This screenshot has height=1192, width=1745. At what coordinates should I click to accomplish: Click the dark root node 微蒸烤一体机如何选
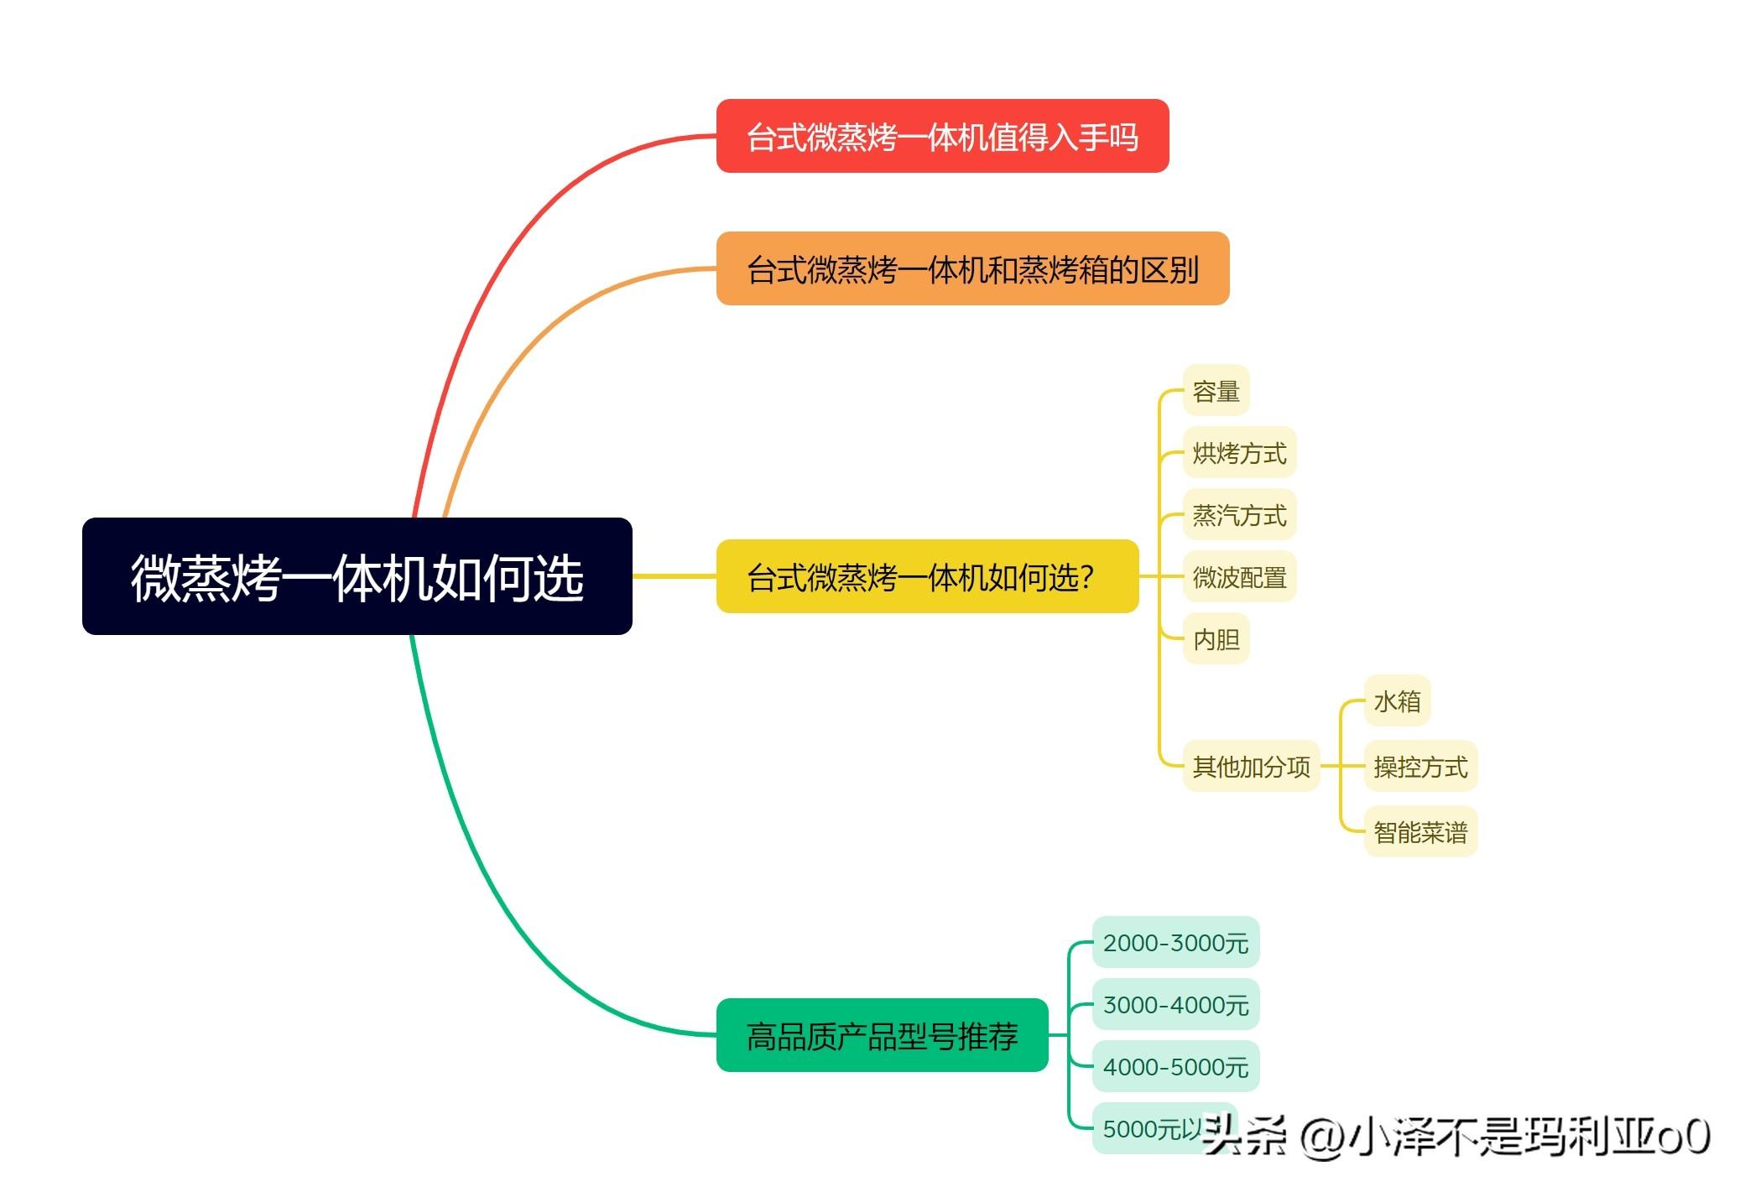(357, 576)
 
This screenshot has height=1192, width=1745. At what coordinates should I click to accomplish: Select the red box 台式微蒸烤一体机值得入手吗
(941, 137)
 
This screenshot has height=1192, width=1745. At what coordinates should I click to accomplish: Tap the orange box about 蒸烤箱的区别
(971, 269)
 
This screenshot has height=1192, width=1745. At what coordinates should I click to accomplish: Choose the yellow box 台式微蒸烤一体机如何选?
(926, 577)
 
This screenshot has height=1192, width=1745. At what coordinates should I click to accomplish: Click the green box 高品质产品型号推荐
(881, 1036)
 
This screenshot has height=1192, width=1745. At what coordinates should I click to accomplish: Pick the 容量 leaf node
(1216, 391)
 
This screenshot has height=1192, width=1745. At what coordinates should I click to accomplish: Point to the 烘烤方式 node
(1239, 453)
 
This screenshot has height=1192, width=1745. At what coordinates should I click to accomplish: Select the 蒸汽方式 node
(1239, 515)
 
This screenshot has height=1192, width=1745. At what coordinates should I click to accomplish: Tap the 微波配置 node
(1239, 577)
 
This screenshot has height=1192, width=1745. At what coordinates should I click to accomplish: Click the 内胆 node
(1216, 639)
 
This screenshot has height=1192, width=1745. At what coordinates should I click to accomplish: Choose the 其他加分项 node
(1251, 766)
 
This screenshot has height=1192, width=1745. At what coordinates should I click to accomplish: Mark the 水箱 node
(1397, 700)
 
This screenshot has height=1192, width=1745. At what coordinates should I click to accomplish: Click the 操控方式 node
(1420, 766)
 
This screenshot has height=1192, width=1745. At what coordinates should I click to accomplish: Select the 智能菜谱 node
(1420, 832)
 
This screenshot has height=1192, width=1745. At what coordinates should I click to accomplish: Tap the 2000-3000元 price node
(1175, 943)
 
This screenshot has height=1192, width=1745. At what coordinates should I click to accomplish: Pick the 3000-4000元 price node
(1175, 1005)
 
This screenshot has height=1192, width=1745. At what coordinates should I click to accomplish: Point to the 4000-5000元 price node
(1175, 1067)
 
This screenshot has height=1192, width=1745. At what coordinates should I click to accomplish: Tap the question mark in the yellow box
(1087, 577)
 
